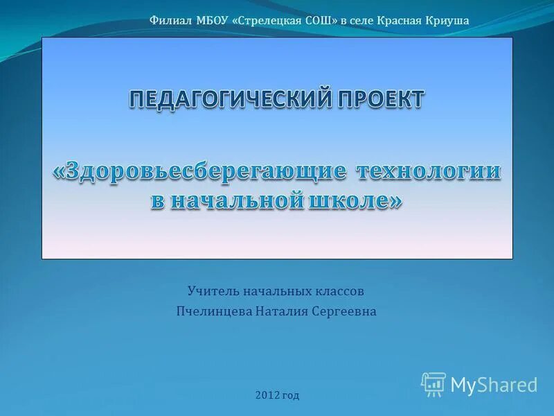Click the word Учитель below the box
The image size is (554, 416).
[x=211, y=291]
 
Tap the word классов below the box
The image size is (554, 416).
[x=337, y=291]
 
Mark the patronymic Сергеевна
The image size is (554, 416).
[x=346, y=312]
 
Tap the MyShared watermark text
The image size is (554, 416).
[x=494, y=385]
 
